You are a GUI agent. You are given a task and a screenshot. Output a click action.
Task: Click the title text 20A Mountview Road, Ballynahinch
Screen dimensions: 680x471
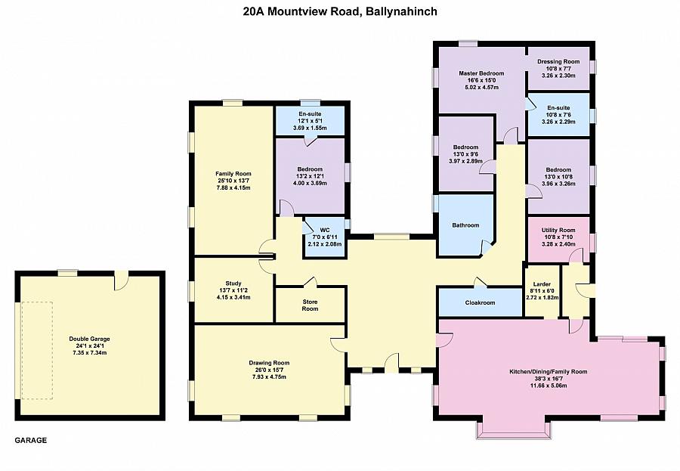(x=339, y=11)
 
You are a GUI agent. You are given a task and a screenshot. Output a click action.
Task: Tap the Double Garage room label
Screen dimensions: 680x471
(x=89, y=339)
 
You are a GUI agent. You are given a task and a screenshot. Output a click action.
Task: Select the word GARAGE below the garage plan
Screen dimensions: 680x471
(x=31, y=440)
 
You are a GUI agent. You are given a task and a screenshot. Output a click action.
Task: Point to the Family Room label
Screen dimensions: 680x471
(x=233, y=174)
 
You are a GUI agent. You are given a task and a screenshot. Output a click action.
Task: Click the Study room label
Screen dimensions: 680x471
(x=233, y=284)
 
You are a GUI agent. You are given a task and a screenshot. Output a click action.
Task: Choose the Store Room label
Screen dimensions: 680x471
(x=310, y=305)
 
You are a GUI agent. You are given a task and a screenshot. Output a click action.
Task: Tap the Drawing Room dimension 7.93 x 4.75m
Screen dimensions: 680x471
(x=269, y=376)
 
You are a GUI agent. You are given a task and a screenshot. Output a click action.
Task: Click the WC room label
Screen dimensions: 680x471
(x=325, y=230)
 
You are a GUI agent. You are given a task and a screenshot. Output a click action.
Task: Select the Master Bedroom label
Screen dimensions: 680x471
(x=481, y=73)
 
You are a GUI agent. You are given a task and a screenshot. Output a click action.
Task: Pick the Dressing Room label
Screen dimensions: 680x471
(x=558, y=62)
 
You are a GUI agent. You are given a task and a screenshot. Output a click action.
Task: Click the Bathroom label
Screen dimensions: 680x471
(x=465, y=225)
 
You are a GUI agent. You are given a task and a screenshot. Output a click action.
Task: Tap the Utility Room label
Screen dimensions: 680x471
(x=558, y=230)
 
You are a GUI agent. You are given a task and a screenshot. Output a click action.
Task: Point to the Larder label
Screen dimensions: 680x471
(x=542, y=284)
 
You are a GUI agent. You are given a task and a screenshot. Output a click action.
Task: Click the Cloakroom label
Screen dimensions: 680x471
(x=480, y=302)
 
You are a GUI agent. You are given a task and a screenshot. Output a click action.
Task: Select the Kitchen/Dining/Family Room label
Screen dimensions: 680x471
(x=549, y=372)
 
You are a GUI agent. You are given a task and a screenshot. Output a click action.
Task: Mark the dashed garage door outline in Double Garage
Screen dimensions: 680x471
(x=36, y=350)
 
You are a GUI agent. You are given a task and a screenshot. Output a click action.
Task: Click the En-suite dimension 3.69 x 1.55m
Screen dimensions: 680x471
(x=310, y=128)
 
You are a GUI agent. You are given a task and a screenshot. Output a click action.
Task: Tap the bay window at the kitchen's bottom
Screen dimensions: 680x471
(x=514, y=429)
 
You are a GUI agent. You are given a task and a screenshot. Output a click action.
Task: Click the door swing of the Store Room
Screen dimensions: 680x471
(x=311, y=282)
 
